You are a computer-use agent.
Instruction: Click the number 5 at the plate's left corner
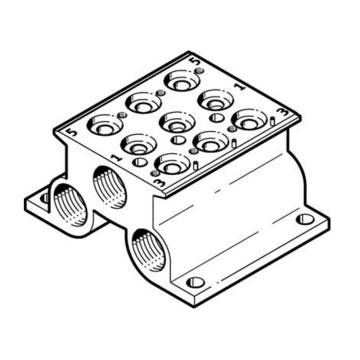pyautogui.click(x=73, y=133)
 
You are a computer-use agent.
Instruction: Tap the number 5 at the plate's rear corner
pyautogui.click(x=196, y=61)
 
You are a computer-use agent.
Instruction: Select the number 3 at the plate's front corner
pyautogui.click(x=161, y=182)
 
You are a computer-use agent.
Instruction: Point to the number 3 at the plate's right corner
pyautogui.click(x=283, y=112)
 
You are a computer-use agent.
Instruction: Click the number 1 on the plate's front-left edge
pyautogui.click(x=116, y=157)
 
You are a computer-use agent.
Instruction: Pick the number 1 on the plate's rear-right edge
pyautogui.click(x=240, y=86)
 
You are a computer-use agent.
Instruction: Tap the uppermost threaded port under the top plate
pyautogui.click(x=110, y=188)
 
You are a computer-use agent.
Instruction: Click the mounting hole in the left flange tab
pyautogui.click(x=44, y=198)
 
